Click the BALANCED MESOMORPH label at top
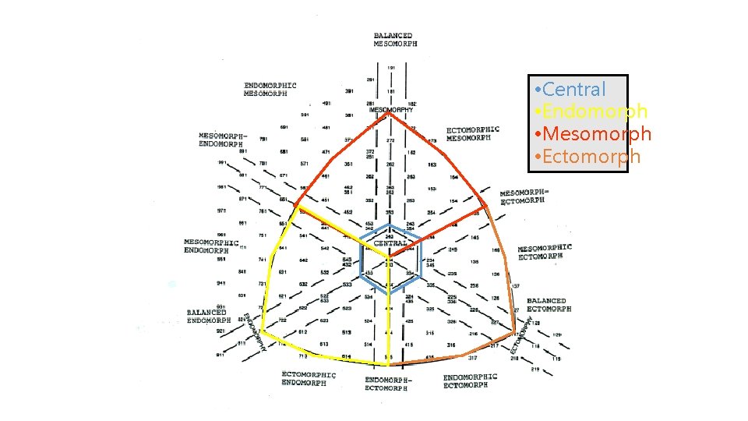(x=395, y=40)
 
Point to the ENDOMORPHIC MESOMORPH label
(x=270, y=89)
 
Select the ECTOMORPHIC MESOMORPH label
(x=473, y=133)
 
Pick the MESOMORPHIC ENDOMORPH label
(x=210, y=246)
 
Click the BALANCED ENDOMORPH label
(x=208, y=317)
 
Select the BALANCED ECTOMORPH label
(x=549, y=304)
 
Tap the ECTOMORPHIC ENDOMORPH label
(x=309, y=378)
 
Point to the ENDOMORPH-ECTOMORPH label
(x=389, y=384)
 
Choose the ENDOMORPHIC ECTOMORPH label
(x=470, y=381)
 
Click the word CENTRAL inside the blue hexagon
(x=390, y=243)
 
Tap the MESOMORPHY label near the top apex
(x=391, y=110)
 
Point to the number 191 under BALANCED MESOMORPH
(x=391, y=68)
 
